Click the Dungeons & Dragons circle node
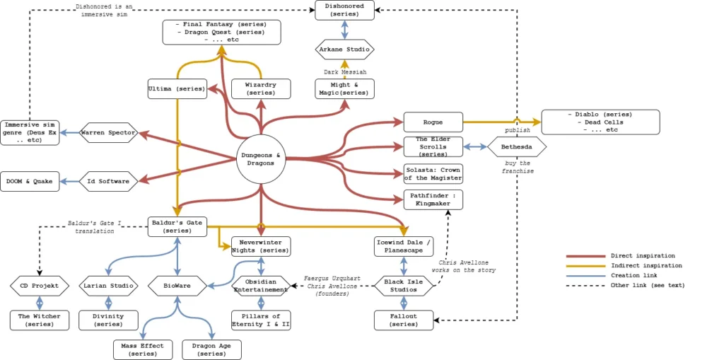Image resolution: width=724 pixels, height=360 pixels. click(x=262, y=160)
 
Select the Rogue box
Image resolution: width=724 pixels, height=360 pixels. click(x=433, y=122)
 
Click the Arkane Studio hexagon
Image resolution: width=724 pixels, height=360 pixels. click(x=344, y=50)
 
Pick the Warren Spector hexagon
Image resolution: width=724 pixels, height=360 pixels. click(x=108, y=132)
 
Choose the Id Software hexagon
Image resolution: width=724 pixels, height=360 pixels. click(x=108, y=181)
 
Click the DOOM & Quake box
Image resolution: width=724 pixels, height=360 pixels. click(x=30, y=181)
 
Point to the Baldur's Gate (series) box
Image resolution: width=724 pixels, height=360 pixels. click(x=177, y=226)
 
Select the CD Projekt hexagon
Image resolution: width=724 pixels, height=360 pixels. click(x=40, y=286)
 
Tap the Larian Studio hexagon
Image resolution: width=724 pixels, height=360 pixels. click(x=108, y=286)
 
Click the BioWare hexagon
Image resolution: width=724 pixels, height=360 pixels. click(x=177, y=286)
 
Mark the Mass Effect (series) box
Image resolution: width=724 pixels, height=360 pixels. click(x=142, y=349)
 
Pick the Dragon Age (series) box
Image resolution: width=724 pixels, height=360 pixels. click(x=211, y=349)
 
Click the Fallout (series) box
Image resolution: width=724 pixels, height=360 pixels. click(x=403, y=320)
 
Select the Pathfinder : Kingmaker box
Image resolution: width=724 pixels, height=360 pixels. click(x=433, y=199)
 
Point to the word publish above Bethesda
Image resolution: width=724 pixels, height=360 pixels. click(x=517, y=131)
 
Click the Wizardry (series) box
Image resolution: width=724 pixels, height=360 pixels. click(x=261, y=88)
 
